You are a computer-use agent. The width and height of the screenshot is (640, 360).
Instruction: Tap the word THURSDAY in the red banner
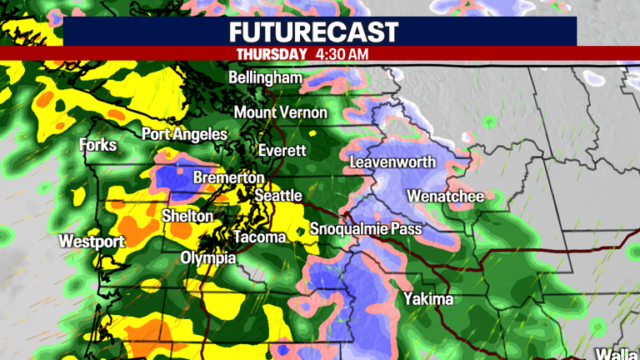coord(272,53)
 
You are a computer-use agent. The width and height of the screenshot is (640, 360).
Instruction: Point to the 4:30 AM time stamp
coord(342,53)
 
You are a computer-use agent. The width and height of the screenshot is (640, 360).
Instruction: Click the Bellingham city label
coord(265,77)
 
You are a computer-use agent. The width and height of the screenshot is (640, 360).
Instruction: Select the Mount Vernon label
coord(280,112)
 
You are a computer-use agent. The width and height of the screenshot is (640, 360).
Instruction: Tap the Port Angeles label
coord(184,134)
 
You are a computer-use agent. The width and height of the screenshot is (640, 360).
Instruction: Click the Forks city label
coord(98,145)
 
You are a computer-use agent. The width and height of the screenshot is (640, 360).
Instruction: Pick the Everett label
coord(282,151)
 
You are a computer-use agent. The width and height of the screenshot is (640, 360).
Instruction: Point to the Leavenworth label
coord(392,162)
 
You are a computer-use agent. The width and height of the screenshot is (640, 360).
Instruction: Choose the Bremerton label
coord(228,177)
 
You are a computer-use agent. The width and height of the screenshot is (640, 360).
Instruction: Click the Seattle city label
coord(277,195)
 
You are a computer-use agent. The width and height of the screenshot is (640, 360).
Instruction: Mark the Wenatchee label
coord(445,197)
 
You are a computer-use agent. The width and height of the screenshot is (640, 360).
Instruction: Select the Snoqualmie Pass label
coord(366,229)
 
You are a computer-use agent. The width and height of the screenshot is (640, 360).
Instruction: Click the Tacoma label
coord(259,237)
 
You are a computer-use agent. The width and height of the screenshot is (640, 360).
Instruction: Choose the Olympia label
coord(208,257)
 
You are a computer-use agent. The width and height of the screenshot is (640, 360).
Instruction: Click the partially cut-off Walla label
coord(617,352)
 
